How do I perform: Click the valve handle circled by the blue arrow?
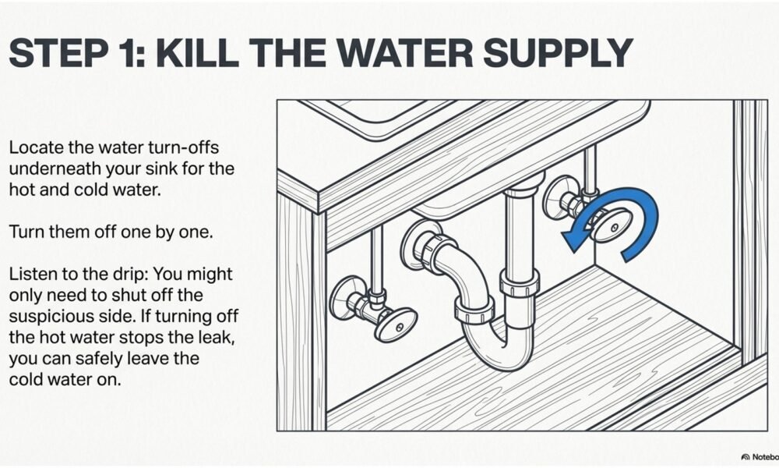click(611, 225)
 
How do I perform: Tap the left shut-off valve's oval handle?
click(396, 324)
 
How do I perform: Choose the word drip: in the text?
click(130, 275)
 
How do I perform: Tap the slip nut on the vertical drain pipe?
click(519, 284)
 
